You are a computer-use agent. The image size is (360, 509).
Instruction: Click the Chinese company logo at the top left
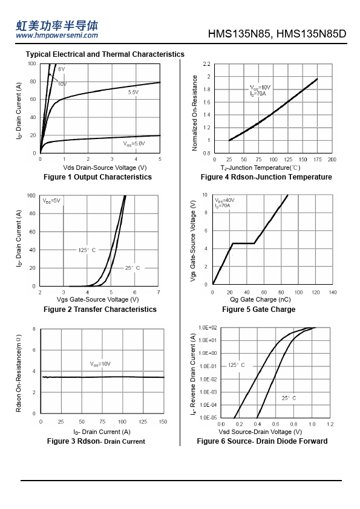pyautogui.click(x=57, y=25)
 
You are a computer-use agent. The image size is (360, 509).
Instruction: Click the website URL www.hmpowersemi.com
pyautogui.click(x=57, y=36)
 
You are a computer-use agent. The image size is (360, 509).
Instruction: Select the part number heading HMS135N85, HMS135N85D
pyautogui.click(x=277, y=34)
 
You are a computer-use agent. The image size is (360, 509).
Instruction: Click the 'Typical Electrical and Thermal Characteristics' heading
pyautogui.click(x=105, y=54)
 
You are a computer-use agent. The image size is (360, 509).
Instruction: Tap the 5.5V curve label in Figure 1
pyautogui.click(x=133, y=92)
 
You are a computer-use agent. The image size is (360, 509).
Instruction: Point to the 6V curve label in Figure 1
pyautogui.click(x=62, y=69)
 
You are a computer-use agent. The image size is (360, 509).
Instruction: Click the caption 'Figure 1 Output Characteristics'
pyautogui.click(x=97, y=177)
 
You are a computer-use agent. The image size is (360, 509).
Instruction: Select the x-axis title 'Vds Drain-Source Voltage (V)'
pyautogui.click(x=105, y=168)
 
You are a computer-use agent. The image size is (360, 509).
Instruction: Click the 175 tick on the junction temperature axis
pyautogui.click(x=318, y=160)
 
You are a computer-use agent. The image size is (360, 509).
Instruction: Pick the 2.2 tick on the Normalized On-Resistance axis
pyautogui.click(x=207, y=64)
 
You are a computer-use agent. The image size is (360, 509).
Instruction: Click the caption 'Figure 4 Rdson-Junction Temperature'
pyautogui.click(x=266, y=177)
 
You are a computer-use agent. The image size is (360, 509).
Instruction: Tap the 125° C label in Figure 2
pyautogui.click(x=87, y=250)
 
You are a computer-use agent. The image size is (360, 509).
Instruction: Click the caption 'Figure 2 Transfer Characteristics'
pyautogui.click(x=100, y=310)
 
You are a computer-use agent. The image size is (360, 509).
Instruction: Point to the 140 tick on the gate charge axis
pyautogui.click(x=333, y=293)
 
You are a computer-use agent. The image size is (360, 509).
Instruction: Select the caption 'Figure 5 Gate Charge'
pyautogui.click(x=258, y=310)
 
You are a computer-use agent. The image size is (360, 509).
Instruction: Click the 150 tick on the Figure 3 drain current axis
pyautogui.click(x=163, y=422)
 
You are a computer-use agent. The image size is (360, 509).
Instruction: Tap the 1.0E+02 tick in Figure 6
pyautogui.click(x=208, y=328)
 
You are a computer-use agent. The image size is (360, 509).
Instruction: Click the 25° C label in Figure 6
pyautogui.click(x=289, y=398)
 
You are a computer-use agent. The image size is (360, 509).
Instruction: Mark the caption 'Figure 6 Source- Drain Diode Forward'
pyautogui.click(x=262, y=441)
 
